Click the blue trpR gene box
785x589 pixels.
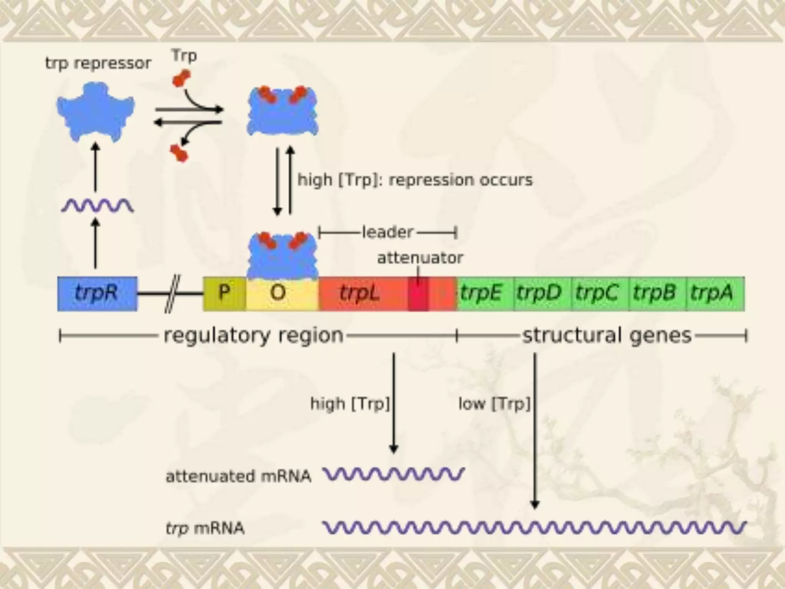click(x=97, y=293)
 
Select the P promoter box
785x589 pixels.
click(x=224, y=293)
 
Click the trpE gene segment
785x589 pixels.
click(x=484, y=293)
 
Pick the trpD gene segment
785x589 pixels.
click(x=542, y=293)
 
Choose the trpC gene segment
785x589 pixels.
click(x=600, y=293)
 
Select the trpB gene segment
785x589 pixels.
click(x=657, y=293)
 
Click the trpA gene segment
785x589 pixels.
click(x=715, y=293)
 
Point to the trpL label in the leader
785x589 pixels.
click(x=360, y=293)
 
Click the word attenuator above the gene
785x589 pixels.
click(x=420, y=258)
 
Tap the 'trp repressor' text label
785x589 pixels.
click(x=98, y=63)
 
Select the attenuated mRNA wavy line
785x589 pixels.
click(x=394, y=475)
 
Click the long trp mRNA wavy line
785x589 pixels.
click(x=534, y=528)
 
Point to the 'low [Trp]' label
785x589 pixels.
click(x=494, y=403)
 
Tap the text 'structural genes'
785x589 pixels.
click(x=607, y=336)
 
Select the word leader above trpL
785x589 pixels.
click(x=388, y=232)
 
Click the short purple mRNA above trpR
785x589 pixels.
click(x=97, y=206)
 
